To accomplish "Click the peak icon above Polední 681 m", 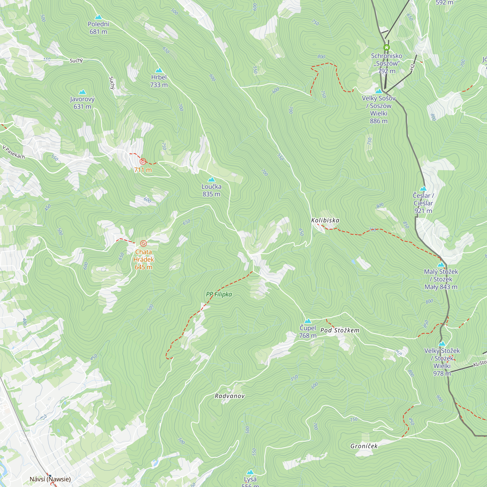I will (98, 17).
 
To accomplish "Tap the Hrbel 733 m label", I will (159, 81).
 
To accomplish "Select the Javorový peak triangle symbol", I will (82, 92).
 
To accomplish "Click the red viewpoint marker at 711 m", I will (143, 161).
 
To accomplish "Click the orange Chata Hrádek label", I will (143, 259).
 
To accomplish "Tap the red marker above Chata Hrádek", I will (143, 243).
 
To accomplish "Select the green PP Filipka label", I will (219, 294).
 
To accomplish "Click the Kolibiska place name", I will (325, 220).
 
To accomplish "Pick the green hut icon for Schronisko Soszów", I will (386, 47).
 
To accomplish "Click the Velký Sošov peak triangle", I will (379, 91).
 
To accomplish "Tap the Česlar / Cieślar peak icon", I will (423, 188).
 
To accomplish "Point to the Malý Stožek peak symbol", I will (441, 265).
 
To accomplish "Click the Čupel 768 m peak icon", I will (308, 321).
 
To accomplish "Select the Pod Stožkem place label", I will (340, 330).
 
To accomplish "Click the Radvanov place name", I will (230, 396).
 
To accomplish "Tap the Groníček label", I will (364, 446).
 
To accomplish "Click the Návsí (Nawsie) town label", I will (50, 479).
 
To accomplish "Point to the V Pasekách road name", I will (14, 152).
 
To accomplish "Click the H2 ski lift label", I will (412, 67).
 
